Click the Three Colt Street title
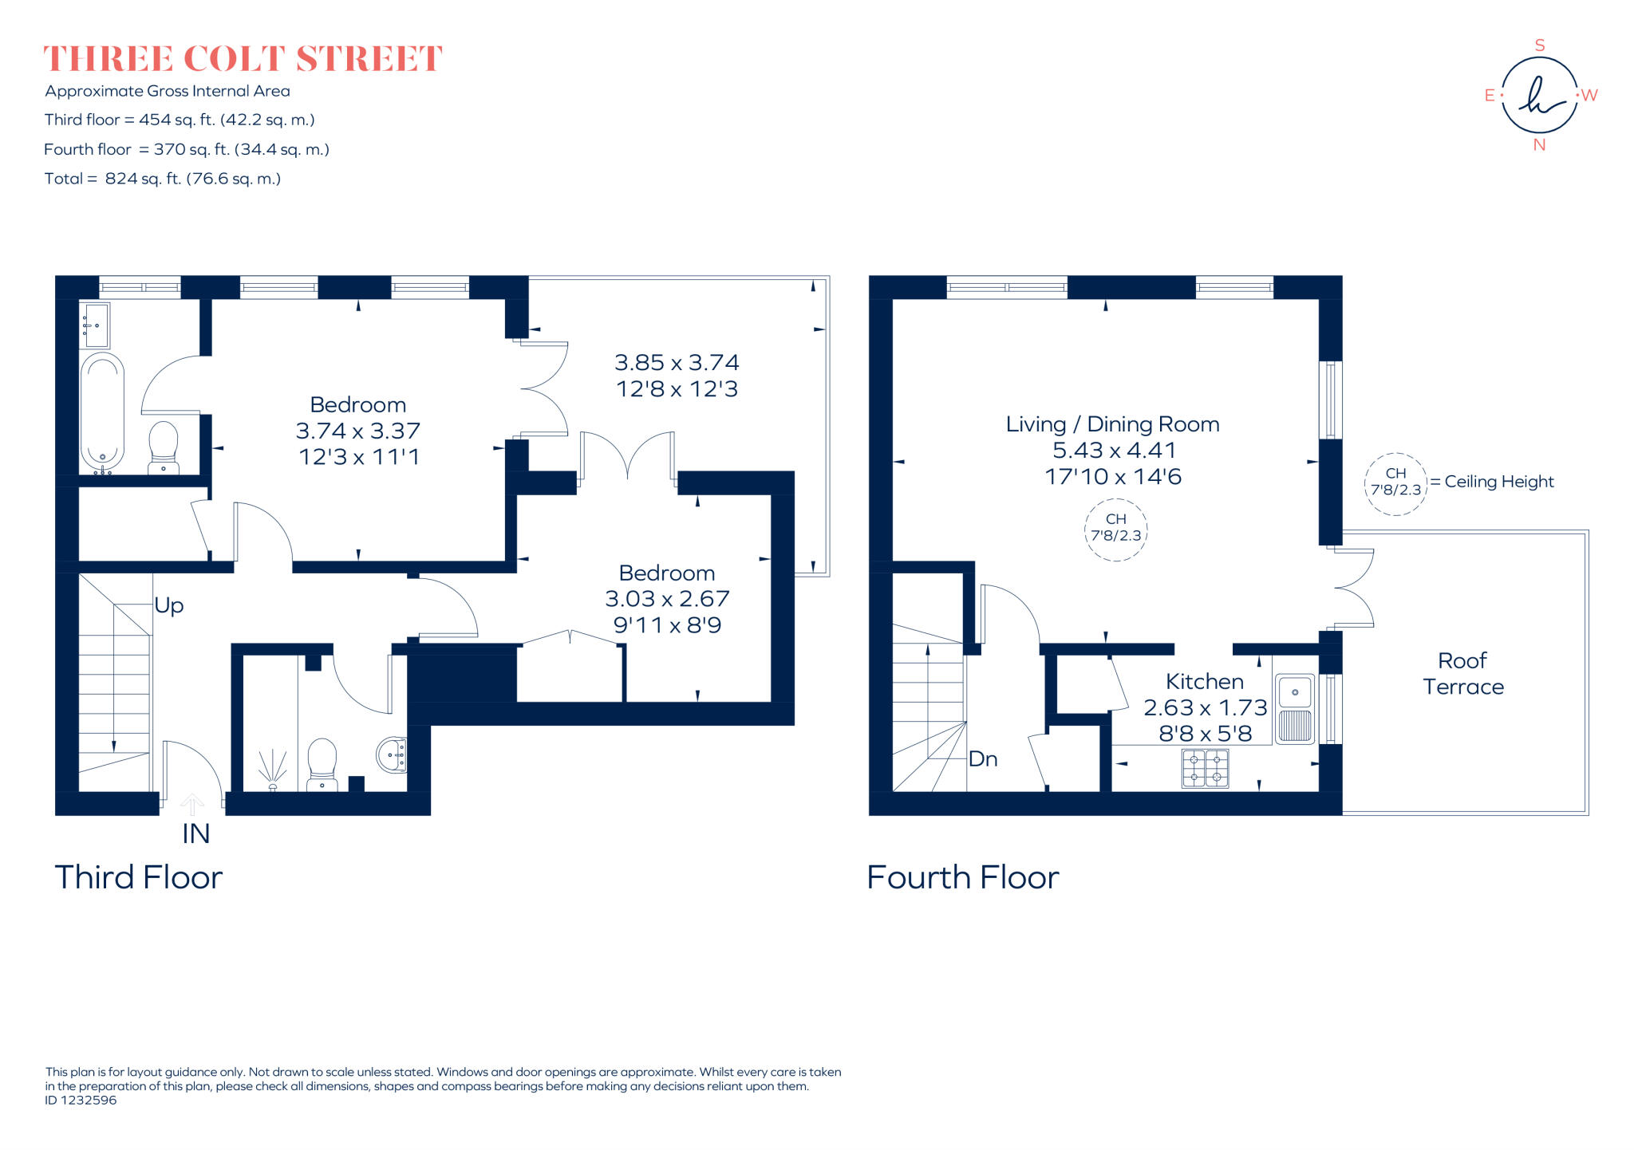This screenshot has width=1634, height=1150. tap(243, 59)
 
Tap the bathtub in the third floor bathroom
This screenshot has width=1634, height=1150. tap(102, 412)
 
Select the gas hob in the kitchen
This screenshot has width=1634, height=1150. tap(1205, 768)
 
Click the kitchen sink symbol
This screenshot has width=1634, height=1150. tap(1294, 709)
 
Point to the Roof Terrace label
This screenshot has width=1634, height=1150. tap(1462, 673)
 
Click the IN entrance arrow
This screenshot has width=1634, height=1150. tap(191, 804)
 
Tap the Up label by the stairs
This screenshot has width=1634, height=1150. tap(169, 605)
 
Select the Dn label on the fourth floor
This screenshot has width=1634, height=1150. tap(982, 758)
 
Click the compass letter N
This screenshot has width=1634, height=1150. tap(1539, 145)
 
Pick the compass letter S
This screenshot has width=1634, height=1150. tap(1540, 45)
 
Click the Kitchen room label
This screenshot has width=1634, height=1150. tap(1204, 681)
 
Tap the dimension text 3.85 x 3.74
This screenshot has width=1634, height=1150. tap(677, 363)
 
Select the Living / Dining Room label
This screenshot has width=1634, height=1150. tap(1112, 424)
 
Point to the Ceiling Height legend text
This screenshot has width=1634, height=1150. tap(1498, 482)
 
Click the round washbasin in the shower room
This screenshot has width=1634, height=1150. tap(393, 754)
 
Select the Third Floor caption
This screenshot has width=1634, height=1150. tap(138, 877)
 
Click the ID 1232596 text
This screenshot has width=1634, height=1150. tap(81, 1100)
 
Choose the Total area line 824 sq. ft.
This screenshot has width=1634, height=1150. tap(163, 179)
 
